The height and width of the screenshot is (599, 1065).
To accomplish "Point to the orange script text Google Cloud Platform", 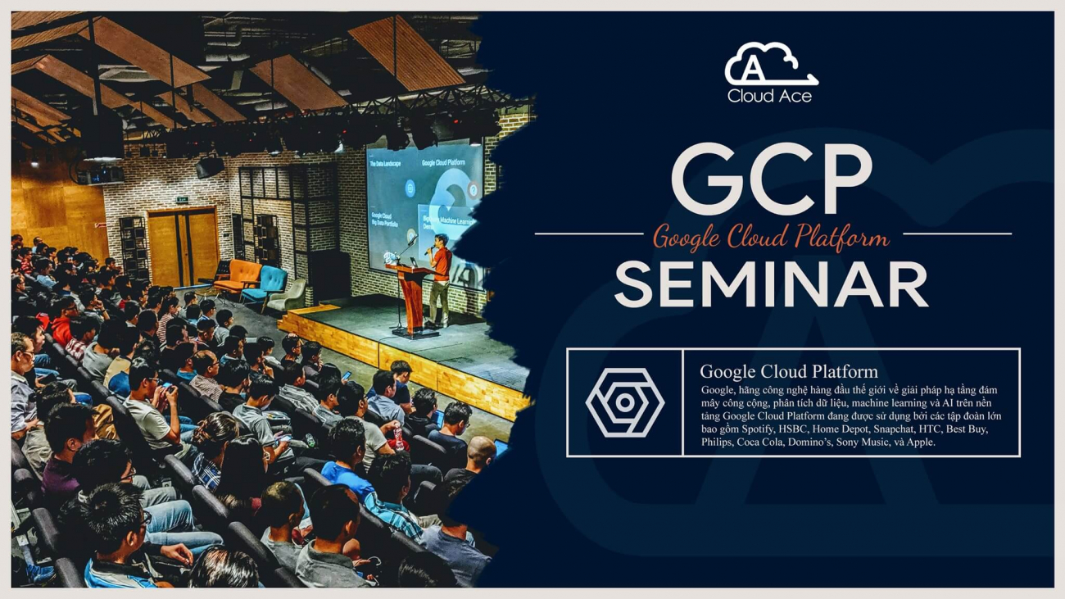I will click(x=771, y=238).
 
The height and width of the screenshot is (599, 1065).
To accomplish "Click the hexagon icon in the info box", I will click(x=624, y=402).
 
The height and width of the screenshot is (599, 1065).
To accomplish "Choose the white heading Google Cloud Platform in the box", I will click(x=788, y=371).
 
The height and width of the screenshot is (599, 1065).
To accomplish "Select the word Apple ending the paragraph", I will click(x=919, y=442).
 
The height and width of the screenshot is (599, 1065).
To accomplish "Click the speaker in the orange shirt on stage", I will click(x=441, y=279).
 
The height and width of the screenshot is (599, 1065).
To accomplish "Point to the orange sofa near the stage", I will click(x=238, y=275).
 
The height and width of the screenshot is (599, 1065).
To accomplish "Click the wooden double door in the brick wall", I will click(x=183, y=246).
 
